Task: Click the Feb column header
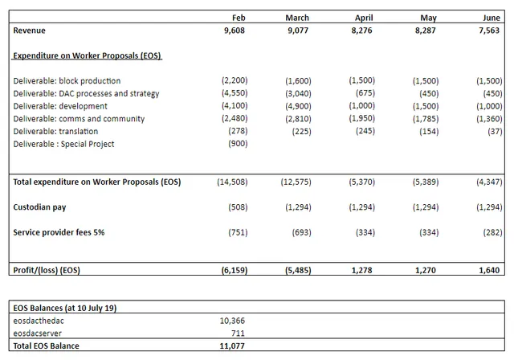(239, 18)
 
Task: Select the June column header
(492, 18)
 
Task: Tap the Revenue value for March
(298, 31)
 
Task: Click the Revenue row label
(29, 31)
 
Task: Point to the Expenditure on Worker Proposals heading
(87, 55)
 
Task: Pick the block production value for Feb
(235, 80)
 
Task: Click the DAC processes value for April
(365, 93)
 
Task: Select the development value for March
(298, 106)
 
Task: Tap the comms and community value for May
(426, 118)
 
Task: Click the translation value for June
(495, 131)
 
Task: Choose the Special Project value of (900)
(238, 144)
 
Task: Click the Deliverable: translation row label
(55, 131)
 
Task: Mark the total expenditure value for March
(296, 182)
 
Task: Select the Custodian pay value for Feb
(238, 207)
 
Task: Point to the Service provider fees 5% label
(59, 232)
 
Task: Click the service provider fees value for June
(492, 232)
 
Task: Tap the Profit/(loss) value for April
(361, 270)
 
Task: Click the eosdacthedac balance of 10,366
(232, 321)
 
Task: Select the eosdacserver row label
(38, 333)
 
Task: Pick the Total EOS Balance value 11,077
(232, 346)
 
